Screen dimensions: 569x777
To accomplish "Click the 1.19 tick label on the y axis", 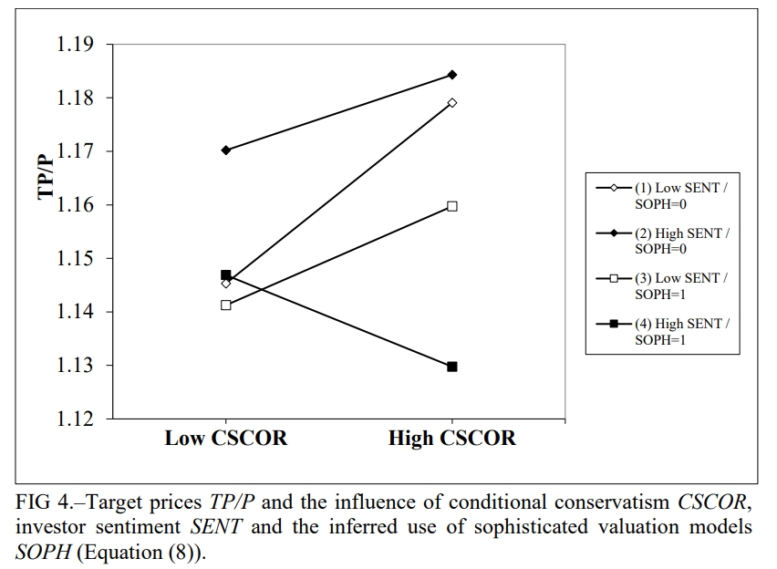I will (x=79, y=45).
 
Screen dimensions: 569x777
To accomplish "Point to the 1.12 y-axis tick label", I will (x=79, y=419).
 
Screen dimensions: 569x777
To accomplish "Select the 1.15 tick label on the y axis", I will (x=79, y=259).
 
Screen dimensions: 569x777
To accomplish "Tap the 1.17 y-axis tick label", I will (x=79, y=151).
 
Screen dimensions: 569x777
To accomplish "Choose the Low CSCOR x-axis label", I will (x=225, y=439).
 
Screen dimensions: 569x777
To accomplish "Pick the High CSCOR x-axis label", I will (x=451, y=439).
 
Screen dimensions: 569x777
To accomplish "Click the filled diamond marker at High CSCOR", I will (x=452, y=75).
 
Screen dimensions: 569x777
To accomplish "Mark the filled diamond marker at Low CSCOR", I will (x=226, y=150).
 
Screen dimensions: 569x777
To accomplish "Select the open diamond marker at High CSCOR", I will (x=452, y=102).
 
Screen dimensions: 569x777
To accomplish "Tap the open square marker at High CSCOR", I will (x=452, y=206).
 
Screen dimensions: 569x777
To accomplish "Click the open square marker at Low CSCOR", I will (x=226, y=305).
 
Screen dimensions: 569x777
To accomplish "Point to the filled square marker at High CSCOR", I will (x=452, y=367).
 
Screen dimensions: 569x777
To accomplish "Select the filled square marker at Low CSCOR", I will (x=226, y=274).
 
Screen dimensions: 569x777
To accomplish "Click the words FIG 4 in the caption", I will (x=38, y=502).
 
